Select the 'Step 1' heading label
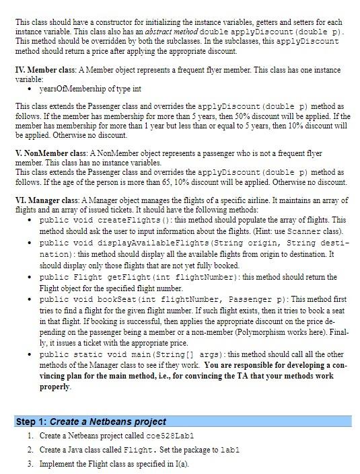pos(30,422)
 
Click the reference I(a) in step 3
pos(172,463)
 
